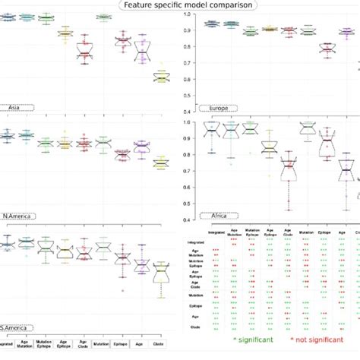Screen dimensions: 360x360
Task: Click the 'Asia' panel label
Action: tap(14, 108)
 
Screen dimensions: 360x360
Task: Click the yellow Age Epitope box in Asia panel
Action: tap(66, 34)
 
